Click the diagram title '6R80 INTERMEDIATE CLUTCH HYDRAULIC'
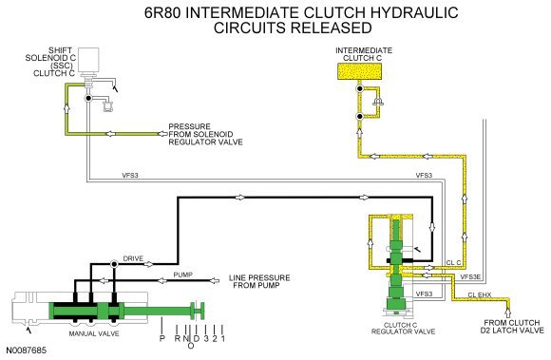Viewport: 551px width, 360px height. pyautogui.click(x=301, y=12)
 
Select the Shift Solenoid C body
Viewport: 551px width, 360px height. pyautogui.click(x=88, y=60)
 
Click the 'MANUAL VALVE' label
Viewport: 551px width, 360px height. pyautogui.click(x=94, y=333)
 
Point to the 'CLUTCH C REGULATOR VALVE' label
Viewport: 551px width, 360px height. pyautogui.click(x=403, y=329)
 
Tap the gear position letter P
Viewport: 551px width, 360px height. pyautogui.click(x=162, y=338)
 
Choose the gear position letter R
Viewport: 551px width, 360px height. pyautogui.click(x=177, y=338)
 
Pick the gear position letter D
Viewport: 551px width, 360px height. pyautogui.click(x=197, y=338)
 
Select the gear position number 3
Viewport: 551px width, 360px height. pyautogui.click(x=206, y=338)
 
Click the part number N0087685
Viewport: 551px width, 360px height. pyautogui.click(x=26, y=351)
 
